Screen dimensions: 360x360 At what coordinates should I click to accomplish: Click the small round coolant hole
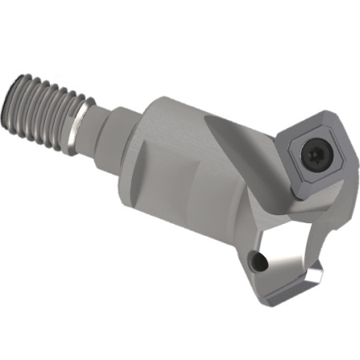(257, 262)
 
